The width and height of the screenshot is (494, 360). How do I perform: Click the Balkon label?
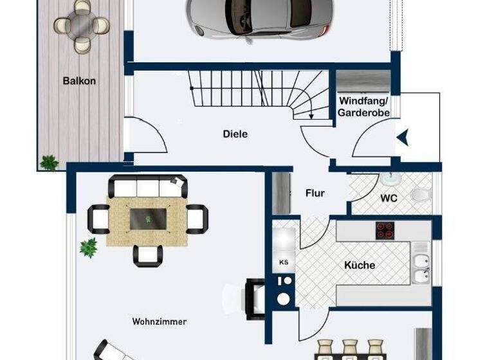(x=79, y=81)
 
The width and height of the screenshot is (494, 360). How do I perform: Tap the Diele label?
(x=235, y=134)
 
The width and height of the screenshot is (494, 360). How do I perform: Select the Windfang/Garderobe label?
(x=363, y=107)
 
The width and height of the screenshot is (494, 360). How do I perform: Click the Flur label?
(x=315, y=193)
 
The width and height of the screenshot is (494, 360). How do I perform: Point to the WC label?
(x=389, y=199)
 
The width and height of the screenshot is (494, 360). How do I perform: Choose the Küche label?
(x=359, y=265)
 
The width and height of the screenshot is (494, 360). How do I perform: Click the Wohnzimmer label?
(x=159, y=321)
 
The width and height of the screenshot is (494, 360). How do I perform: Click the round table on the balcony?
(x=82, y=25)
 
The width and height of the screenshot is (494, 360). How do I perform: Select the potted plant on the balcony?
(x=49, y=162)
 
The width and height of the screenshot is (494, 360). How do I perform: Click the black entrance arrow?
(x=402, y=137)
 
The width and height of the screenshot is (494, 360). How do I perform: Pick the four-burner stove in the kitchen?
(x=385, y=230)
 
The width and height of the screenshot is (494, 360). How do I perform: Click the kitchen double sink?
(x=421, y=269)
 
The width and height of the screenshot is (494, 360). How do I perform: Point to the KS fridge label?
(x=284, y=262)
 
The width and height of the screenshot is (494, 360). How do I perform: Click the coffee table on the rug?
(x=149, y=219)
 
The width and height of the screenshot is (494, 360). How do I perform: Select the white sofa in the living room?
(x=148, y=187)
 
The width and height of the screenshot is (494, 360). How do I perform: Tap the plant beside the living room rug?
(x=88, y=246)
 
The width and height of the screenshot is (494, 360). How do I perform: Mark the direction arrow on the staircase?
(x=311, y=114)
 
